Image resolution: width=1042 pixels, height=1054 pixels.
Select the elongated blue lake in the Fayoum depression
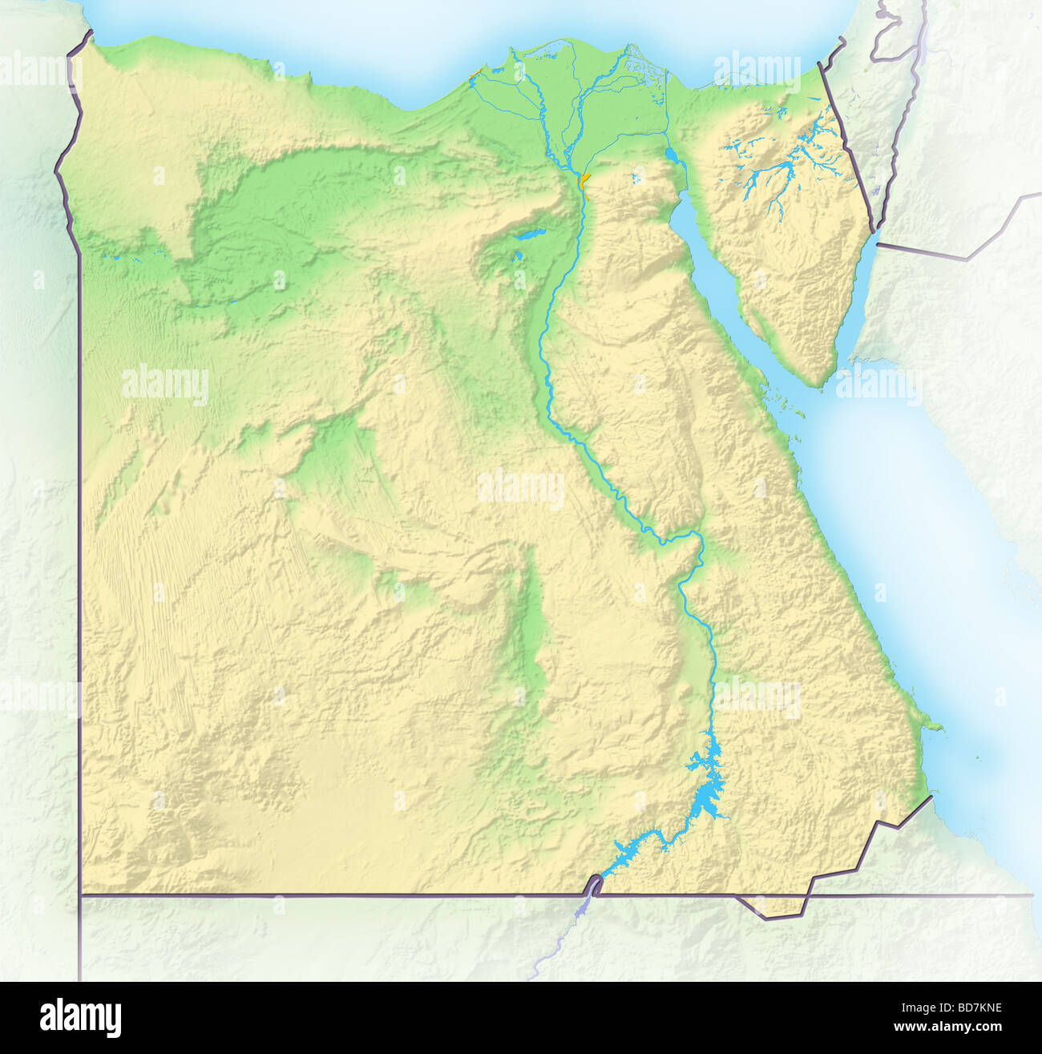[527, 236]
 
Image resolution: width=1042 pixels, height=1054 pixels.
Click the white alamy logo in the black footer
[80, 1018]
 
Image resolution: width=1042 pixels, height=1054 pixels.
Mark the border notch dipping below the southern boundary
[769, 910]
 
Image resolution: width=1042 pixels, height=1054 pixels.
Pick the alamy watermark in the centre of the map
[520, 487]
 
